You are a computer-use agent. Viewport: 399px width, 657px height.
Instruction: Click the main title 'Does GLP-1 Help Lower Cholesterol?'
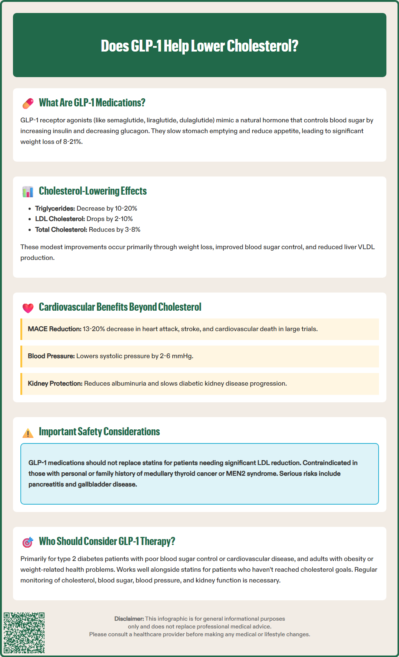[199, 46]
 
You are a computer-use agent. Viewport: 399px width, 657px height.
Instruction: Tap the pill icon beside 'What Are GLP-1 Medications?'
[28, 103]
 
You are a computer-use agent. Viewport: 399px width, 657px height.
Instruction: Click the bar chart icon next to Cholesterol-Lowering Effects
[28, 192]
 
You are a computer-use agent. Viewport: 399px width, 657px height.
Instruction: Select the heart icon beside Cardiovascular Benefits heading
[28, 308]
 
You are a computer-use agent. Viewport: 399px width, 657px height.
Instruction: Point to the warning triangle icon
[28, 433]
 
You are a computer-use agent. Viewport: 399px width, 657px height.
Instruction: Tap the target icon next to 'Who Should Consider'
[28, 542]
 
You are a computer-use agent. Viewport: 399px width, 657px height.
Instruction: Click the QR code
[24, 633]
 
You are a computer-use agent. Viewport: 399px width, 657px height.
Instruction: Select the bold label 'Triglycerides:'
[55, 208]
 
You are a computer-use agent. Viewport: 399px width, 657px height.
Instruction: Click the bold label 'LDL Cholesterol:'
[60, 219]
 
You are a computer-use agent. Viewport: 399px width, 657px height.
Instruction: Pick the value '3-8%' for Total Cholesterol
[133, 230]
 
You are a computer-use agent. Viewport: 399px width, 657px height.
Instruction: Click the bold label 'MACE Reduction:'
[54, 329]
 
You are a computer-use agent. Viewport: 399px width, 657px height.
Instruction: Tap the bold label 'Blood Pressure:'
[51, 356]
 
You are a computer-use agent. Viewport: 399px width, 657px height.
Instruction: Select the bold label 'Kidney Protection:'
[55, 383]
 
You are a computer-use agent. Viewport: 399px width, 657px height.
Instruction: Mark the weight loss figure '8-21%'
[72, 142]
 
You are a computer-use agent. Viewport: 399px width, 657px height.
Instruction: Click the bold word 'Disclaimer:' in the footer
[129, 619]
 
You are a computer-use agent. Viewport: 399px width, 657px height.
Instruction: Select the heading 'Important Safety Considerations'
[99, 432]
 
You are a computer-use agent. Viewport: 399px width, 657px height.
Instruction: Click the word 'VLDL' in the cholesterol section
[366, 247]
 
